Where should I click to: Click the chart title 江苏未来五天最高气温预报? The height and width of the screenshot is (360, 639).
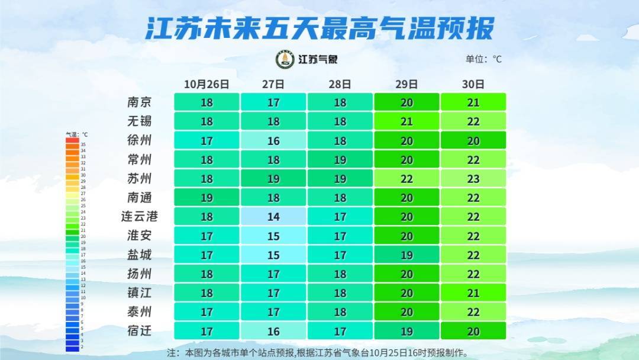point(319,28)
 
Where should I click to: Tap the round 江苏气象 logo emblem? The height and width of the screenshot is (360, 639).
point(285,59)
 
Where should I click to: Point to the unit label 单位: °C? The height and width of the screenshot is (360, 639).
point(483,59)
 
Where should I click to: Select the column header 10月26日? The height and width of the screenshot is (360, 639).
point(206,84)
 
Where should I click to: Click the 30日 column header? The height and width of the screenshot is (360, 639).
point(473,84)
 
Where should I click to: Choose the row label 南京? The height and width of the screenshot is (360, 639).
point(140,102)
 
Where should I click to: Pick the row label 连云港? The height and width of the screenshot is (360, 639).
point(140,216)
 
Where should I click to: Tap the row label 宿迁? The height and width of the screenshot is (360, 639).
point(140,330)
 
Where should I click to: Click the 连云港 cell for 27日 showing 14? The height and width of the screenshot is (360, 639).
point(273,217)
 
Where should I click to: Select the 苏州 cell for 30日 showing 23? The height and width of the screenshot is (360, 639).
point(473,179)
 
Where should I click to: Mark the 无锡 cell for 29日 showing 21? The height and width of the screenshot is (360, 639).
point(406,121)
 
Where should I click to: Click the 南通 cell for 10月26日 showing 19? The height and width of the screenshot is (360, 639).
point(206,198)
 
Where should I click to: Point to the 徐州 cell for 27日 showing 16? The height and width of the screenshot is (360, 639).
point(273,141)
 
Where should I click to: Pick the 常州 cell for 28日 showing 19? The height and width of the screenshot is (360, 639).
point(340,160)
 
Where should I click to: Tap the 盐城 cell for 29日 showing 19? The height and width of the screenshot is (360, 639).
point(406,255)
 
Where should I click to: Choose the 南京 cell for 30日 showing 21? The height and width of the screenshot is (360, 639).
point(473,102)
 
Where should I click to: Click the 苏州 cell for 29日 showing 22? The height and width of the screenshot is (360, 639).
point(406,179)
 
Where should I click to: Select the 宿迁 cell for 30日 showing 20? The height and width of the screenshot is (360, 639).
point(473,331)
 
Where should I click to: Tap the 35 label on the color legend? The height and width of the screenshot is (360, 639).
point(83,144)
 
